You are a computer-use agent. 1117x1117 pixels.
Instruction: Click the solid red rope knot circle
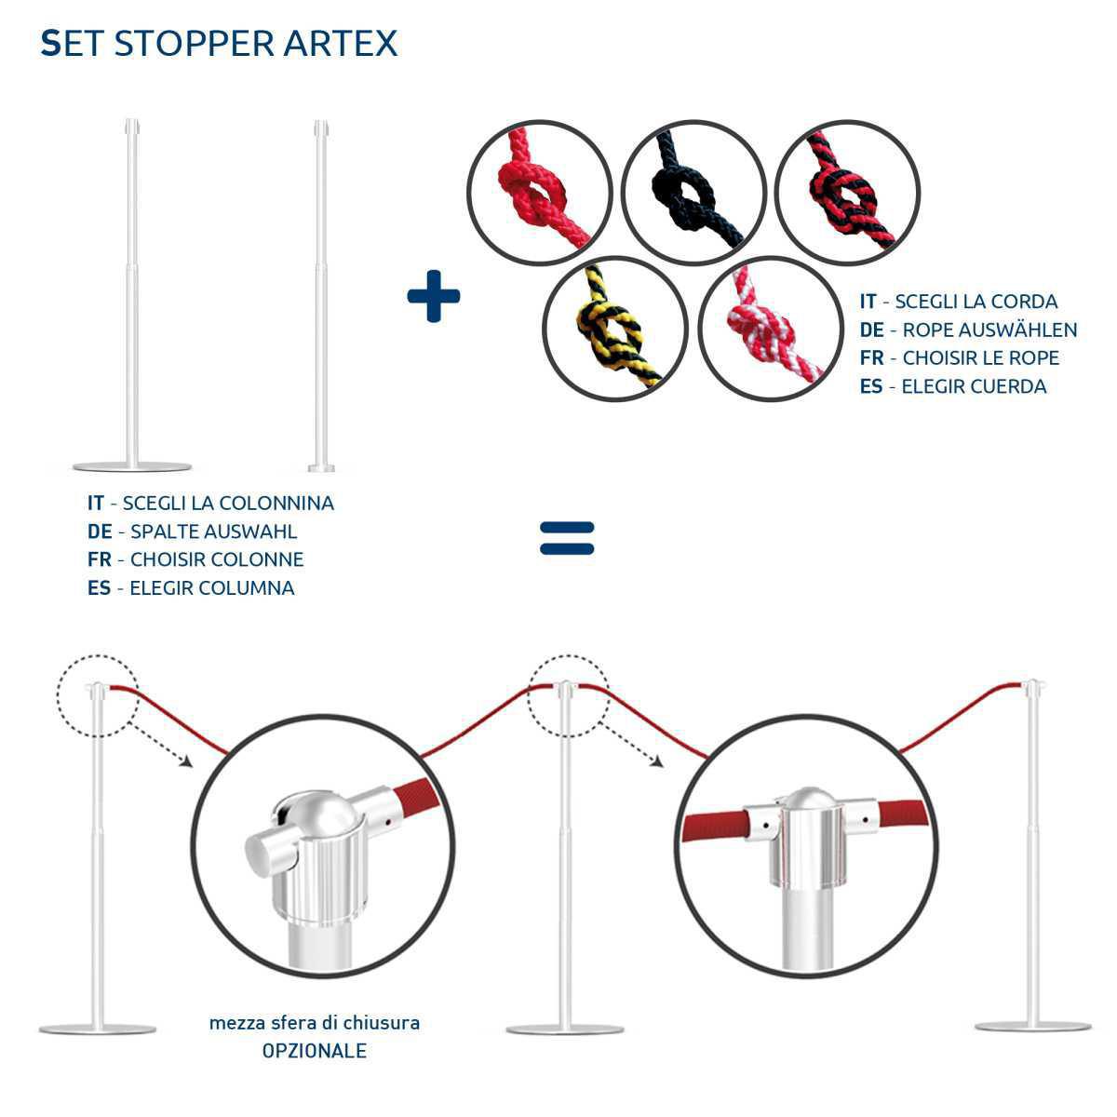pos(539,192)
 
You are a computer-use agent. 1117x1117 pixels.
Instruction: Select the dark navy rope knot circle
pos(693,192)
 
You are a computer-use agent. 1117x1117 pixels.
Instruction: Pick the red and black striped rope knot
pos(847,192)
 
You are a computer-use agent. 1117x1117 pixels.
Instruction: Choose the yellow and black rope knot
pos(615,329)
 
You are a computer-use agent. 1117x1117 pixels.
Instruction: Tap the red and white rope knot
pos(771,329)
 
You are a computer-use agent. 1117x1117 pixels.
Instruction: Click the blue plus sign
pos(434,296)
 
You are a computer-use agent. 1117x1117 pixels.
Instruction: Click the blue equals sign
pos(567,537)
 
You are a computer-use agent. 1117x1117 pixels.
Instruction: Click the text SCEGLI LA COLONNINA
pos(227,504)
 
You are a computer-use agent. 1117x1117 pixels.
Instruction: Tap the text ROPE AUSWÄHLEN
pos(989,330)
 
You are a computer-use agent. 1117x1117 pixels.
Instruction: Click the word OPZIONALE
pos(314,1051)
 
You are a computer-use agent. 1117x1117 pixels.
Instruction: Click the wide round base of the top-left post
pos(132,466)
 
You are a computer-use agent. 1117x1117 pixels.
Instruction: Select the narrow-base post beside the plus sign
pos(321,298)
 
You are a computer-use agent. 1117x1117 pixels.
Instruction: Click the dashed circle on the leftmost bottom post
pos(96,695)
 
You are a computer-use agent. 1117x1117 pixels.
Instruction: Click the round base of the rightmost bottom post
pos(1032,1026)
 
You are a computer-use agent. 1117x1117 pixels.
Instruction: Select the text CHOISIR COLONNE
pos(216,559)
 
